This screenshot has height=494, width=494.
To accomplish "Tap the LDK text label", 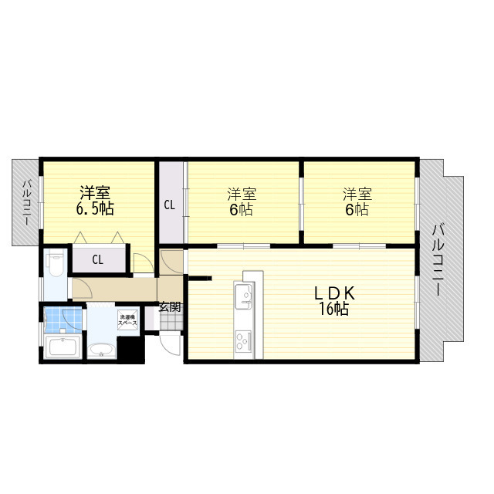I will [333, 293].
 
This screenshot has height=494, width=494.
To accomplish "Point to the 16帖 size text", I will [333, 310].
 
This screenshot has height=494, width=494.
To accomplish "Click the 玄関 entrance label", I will [170, 306].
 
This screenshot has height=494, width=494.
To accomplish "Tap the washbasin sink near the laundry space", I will [102, 352].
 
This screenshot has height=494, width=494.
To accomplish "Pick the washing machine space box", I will [127, 320].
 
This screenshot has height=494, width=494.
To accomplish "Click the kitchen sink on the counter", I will [242, 294].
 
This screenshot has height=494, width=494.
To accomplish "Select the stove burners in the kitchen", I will [242, 339].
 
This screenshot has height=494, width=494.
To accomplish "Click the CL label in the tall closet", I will [169, 205].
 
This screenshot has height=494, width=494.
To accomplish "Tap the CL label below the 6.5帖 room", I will [98, 259].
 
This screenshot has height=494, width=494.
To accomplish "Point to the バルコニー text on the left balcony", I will [25, 202].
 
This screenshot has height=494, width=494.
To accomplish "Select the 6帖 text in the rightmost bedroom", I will [357, 209].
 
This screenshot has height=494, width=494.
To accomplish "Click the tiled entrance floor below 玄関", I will [169, 320].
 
